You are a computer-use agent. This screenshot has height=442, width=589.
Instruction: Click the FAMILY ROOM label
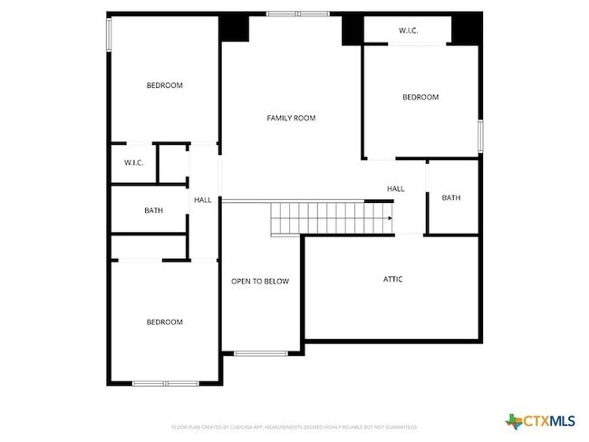click(x=291, y=118)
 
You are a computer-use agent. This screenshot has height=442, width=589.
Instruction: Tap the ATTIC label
click(x=392, y=279)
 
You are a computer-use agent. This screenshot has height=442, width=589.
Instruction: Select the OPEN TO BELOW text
click(x=260, y=282)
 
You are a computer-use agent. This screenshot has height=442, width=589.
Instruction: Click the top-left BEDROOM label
click(x=165, y=86)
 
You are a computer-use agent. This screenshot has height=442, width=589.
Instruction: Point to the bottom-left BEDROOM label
click(x=165, y=322)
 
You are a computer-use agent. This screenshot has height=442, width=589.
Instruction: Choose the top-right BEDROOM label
click(x=420, y=98)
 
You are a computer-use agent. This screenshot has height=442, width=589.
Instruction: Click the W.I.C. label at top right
click(x=408, y=31)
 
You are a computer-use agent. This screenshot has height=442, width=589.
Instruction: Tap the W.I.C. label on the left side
click(x=134, y=163)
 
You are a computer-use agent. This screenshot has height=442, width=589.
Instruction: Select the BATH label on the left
click(x=153, y=211)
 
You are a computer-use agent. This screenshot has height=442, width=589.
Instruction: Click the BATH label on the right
click(x=450, y=198)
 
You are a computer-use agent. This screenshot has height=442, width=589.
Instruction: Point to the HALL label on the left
click(x=202, y=200)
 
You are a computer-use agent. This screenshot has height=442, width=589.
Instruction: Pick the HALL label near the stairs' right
click(x=396, y=189)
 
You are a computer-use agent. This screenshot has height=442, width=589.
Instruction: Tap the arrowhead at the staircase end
click(x=391, y=218)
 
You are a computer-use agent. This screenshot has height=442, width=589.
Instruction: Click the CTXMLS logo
click(x=540, y=420)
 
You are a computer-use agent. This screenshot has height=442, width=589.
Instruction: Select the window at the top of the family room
click(x=298, y=14)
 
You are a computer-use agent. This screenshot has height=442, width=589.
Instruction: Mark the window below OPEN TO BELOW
click(x=261, y=353)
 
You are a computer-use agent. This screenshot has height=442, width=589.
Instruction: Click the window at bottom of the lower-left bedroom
click(x=165, y=383)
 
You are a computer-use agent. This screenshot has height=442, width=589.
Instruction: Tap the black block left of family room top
click(x=235, y=28)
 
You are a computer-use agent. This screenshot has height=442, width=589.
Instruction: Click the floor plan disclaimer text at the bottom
click(x=294, y=426)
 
